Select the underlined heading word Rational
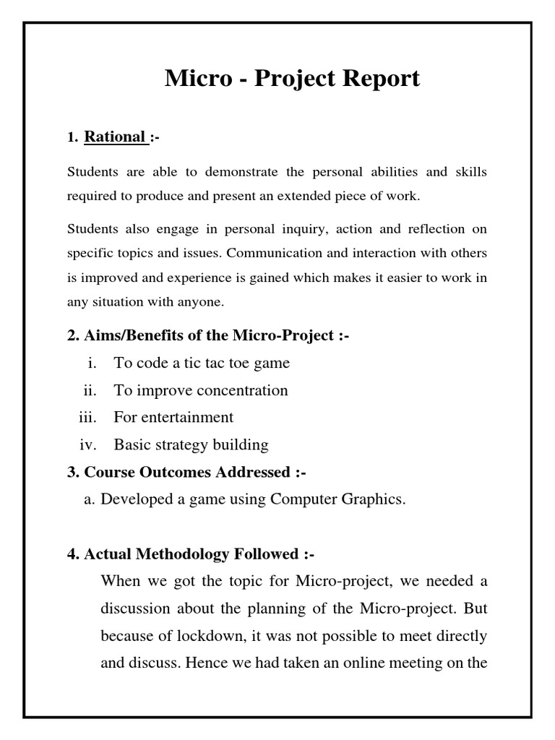pos(114,137)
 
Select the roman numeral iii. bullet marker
pos(87,417)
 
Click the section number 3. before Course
pos(73,473)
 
